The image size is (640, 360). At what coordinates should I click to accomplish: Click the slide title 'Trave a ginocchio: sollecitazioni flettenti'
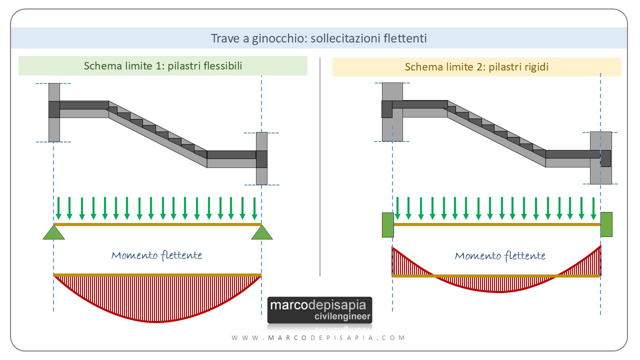tap(318, 38)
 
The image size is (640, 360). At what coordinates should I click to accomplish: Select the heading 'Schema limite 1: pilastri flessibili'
tap(163, 66)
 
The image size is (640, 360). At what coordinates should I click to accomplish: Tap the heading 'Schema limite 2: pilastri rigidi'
tap(476, 66)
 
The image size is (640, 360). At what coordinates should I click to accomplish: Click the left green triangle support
tap(53, 232)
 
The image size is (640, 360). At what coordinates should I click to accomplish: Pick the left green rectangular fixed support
tap(387, 224)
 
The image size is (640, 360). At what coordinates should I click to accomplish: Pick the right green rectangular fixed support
tap(606, 224)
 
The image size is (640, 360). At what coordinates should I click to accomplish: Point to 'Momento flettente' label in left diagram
tap(156, 255)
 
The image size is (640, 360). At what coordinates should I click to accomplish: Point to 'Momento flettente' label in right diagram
tap(499, 256)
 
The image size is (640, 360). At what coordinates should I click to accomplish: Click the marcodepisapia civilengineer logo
tap(319, 310)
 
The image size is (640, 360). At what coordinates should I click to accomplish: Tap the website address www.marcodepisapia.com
tap(318, 337)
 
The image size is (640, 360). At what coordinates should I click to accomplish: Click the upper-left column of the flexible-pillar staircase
tap(54, 112)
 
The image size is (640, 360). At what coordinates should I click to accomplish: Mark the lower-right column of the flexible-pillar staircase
tap(261, 158)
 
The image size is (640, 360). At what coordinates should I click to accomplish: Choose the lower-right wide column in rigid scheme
tap(600, 158)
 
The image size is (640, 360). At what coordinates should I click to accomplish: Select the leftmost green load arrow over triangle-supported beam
tap(58, 208)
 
